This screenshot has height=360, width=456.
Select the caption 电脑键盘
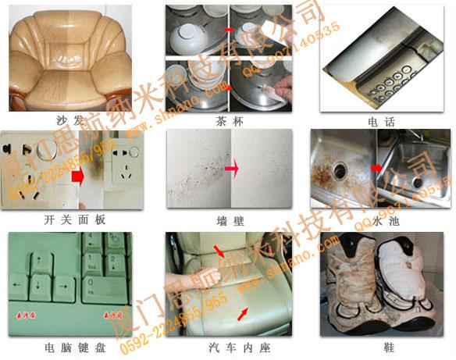pos(69,345)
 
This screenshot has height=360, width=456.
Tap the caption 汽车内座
pos(227,345)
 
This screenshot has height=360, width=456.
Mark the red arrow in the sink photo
pos(376,167)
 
